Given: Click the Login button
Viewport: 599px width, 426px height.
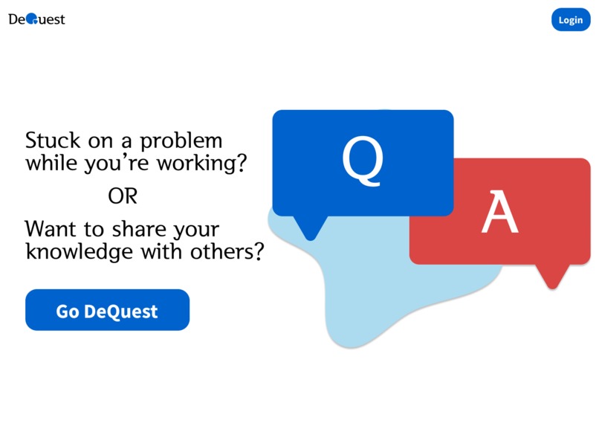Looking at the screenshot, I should [570, 20].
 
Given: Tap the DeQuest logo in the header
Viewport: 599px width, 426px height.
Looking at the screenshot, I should [36, 19].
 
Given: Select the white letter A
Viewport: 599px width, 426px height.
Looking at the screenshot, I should [499, 213].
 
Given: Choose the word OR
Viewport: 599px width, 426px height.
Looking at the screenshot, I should [123, 197].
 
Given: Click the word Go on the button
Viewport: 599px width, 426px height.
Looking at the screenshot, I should [68, 311].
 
